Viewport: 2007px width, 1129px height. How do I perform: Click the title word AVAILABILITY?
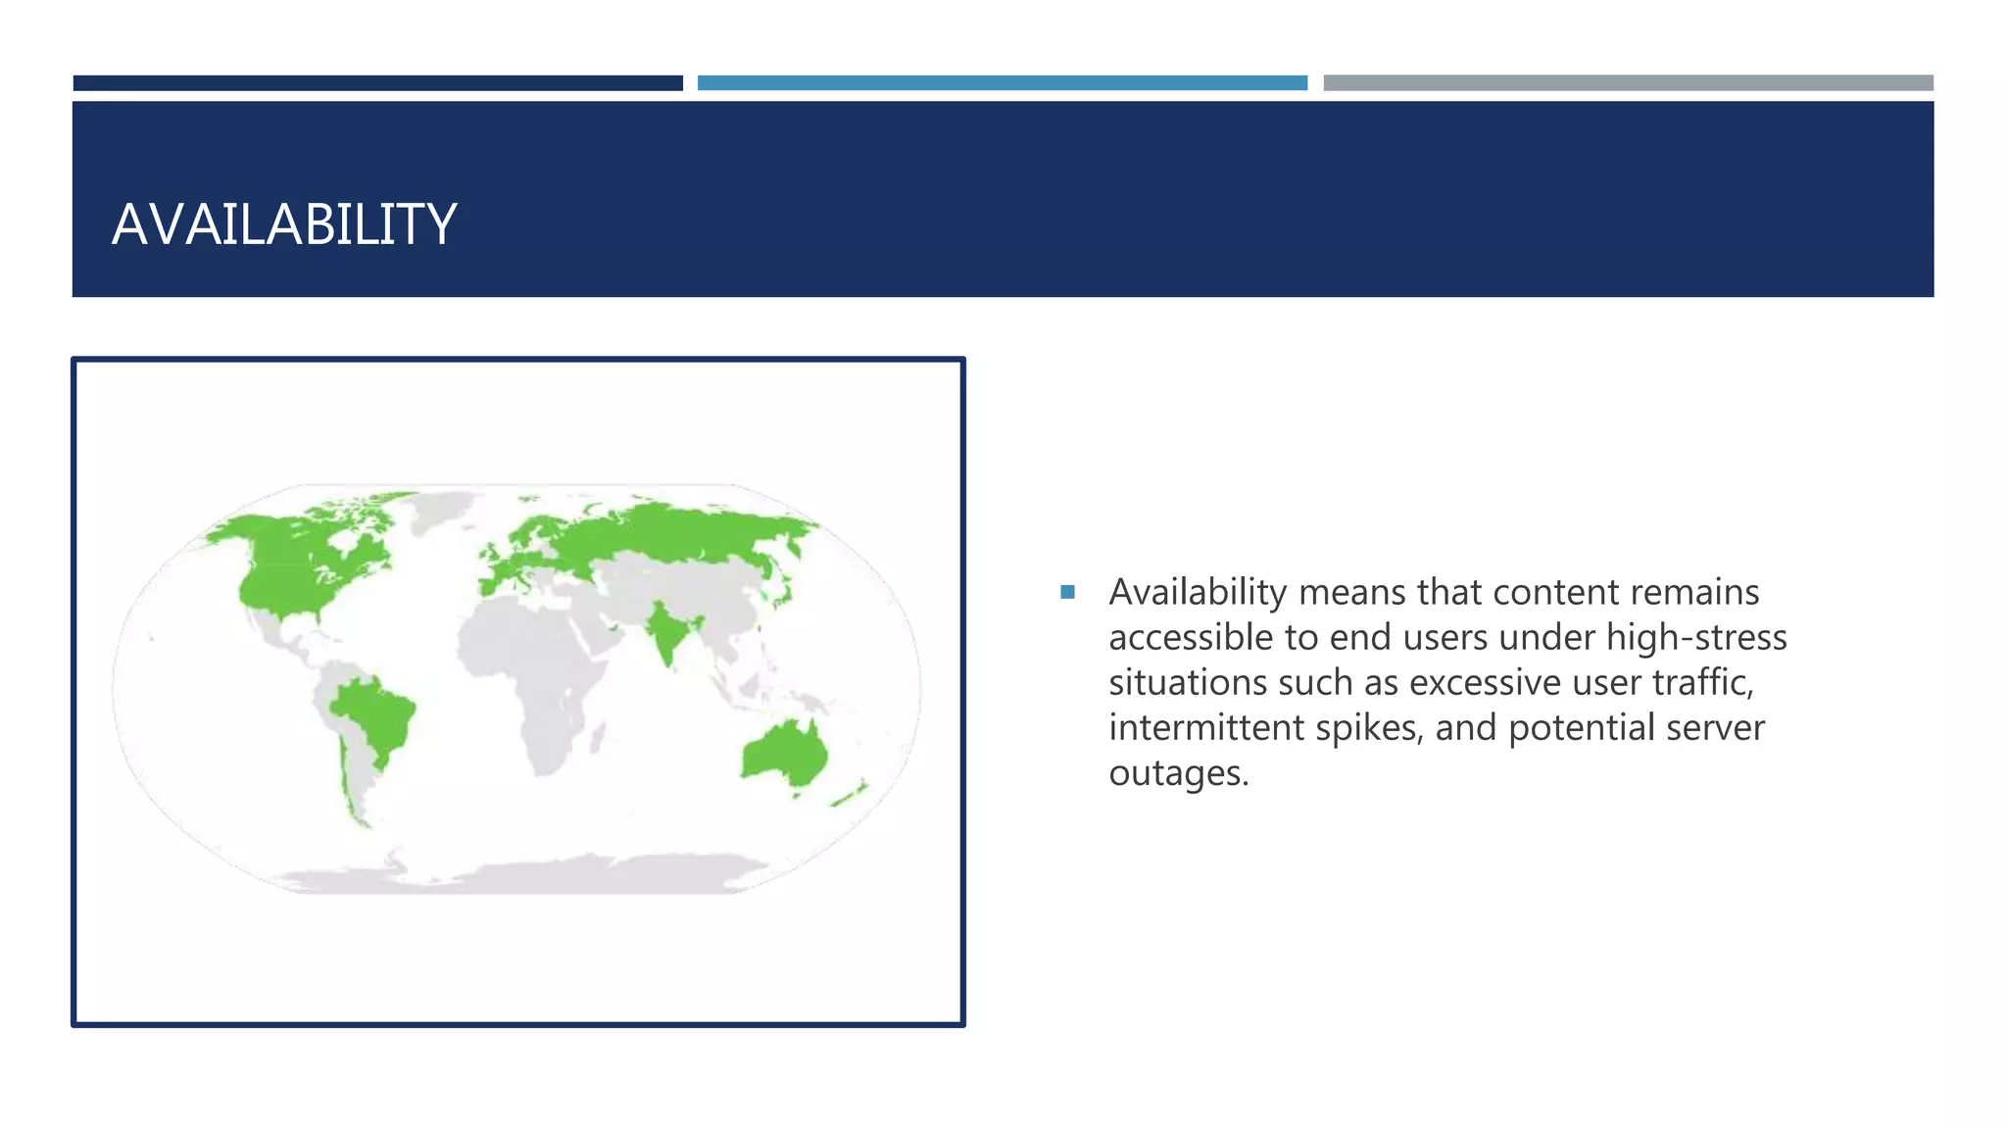pyautogui.click(x=284, y=224)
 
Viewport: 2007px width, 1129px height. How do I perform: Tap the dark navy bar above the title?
pyautogui.click(x=377, y=83)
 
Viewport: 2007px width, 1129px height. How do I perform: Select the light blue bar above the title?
pyautogui.click(x=1002, y=83)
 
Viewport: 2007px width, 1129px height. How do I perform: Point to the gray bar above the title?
pyautogui.click(x=1628, y=83)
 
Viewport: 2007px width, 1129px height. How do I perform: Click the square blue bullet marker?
pyautogui.click(x=1067, y=592)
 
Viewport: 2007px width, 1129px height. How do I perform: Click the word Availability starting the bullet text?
pyautogui.click(x=1197, y=593)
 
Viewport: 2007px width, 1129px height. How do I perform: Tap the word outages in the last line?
pyautogui.click(x=1178, y=773)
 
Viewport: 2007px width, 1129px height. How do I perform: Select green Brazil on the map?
pyautogui.click(x=375, y=715)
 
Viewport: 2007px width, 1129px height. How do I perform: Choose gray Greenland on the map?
pyautogui.click(x=441, y=510)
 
